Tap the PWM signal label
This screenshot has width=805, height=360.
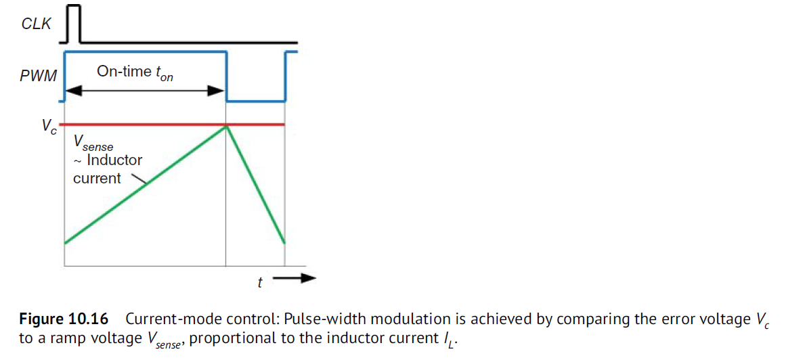click(38, 77)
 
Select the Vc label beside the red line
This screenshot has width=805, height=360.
click(49, 127)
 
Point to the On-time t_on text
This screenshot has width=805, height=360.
click(135, 72)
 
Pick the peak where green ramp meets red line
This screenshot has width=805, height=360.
click(225, 125)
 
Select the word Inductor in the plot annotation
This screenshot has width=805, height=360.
click(114, 160)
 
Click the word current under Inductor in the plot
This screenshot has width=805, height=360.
click(97, 179)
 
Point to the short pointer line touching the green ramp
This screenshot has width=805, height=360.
click(139, 179)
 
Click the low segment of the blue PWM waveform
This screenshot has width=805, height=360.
click(255, 102)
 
